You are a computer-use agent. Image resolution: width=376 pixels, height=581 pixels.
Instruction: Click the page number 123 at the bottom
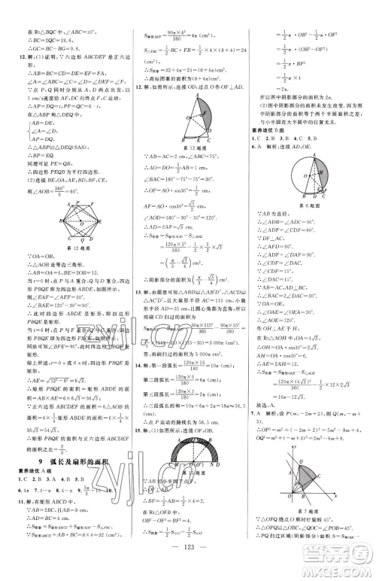[x=187, y=569]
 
